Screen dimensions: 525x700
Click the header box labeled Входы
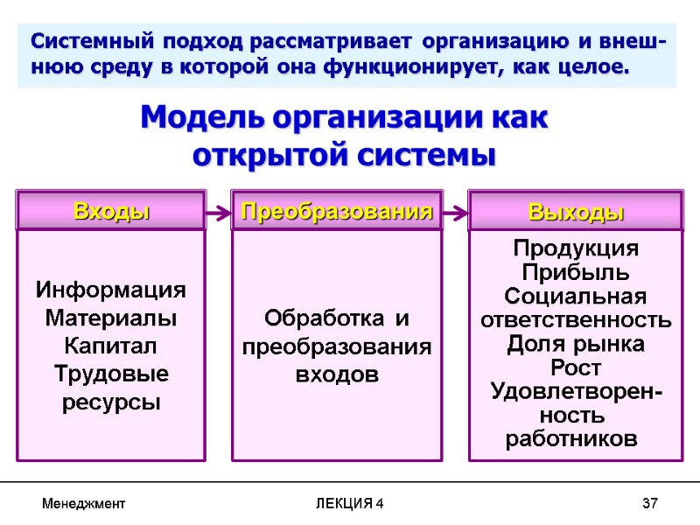click(111, 211)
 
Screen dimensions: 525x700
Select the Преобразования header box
click(337, 211)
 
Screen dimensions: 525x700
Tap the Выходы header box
click(576, 211)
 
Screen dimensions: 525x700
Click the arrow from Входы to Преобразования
click(219, 212)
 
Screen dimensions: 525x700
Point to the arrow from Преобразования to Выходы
click(455, 212)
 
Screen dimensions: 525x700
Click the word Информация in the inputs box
click(111, 290)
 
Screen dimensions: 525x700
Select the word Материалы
click(111, 318)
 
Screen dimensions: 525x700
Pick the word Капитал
click(111, 346)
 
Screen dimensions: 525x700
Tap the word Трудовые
click(111, 374)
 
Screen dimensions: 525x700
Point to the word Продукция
click(576, 248)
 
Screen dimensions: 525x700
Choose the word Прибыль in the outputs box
click(576, 272)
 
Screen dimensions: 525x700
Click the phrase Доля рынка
click(576, 344)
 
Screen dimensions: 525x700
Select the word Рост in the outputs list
click(576, 367)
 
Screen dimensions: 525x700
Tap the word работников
click(572, 438)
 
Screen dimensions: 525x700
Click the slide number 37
click(649, 504)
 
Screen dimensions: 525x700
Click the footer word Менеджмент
click(84, 504)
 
